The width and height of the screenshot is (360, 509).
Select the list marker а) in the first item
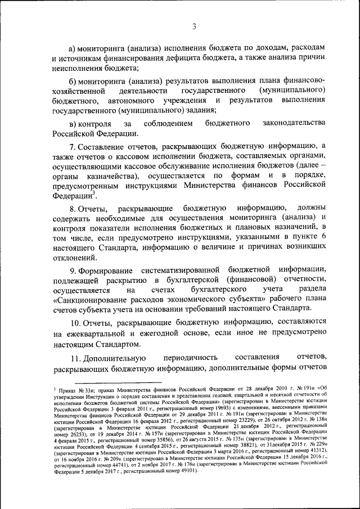72,48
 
